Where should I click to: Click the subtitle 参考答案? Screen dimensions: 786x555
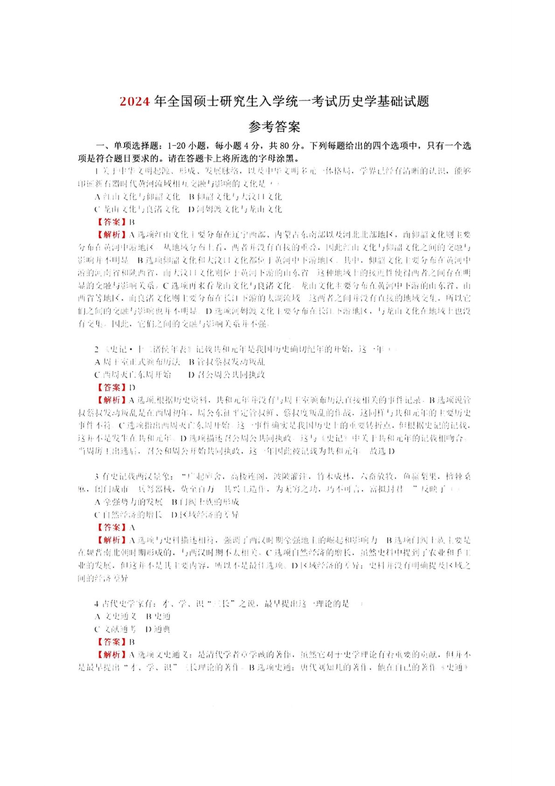[x=274, y=126]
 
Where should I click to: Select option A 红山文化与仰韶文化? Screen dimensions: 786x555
[x=137, y=197]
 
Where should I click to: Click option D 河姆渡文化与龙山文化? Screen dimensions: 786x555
[x=236, y=209]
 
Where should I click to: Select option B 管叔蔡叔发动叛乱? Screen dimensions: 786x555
[x=227, y=361]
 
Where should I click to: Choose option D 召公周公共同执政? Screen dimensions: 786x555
[x=227, y=374]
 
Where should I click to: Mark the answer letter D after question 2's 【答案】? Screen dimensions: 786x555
[x=132, y=387]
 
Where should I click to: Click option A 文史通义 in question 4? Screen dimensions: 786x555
[x=116, y=616]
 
